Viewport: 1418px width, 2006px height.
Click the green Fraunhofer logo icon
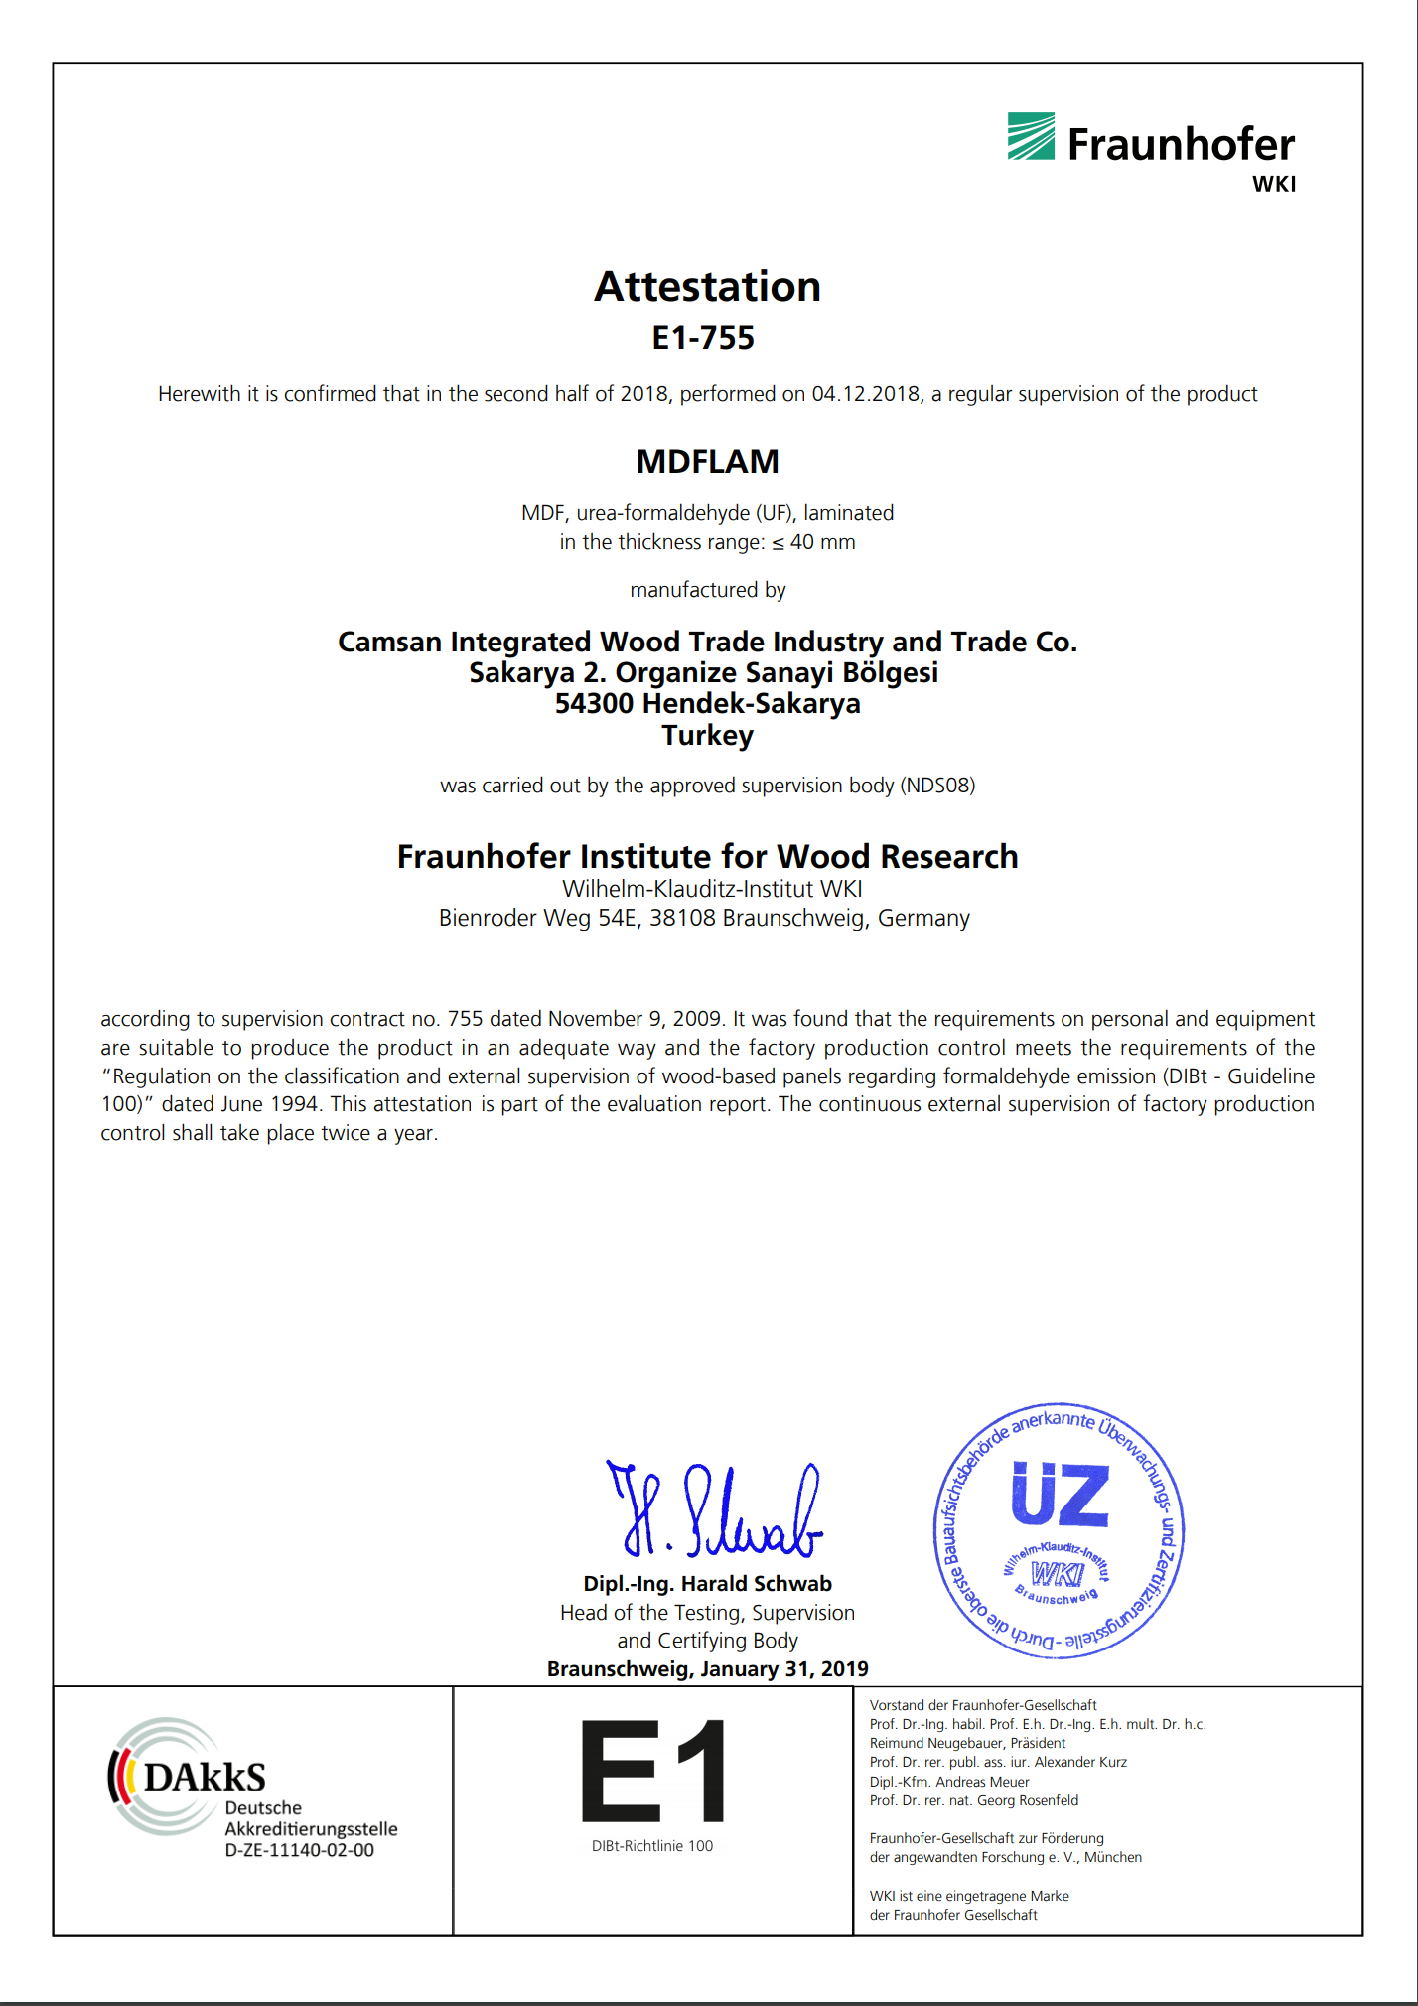pos(1031,137)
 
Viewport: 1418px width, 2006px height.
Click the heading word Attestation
pos(707,287)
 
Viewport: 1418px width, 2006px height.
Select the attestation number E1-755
pos(703,338)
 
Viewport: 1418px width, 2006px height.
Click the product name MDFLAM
pos(707,462)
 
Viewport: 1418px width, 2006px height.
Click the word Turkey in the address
pos(707,736)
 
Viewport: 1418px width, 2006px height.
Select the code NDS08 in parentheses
pos(936,786)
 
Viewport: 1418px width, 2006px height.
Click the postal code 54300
pos(595,704)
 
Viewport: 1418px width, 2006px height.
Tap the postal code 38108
pos(682,918)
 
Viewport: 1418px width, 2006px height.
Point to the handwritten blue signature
pos(715,1510)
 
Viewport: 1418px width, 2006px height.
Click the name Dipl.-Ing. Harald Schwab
pos(707,1584)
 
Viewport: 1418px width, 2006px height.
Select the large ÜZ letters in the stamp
pos(1060,1495)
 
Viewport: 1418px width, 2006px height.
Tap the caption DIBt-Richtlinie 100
pos(652,1846)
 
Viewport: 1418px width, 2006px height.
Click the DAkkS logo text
pos(205,1777)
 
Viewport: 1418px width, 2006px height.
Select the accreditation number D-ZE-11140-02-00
pos(299,1851)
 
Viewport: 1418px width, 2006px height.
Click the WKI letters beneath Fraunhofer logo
pos(1273,184)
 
